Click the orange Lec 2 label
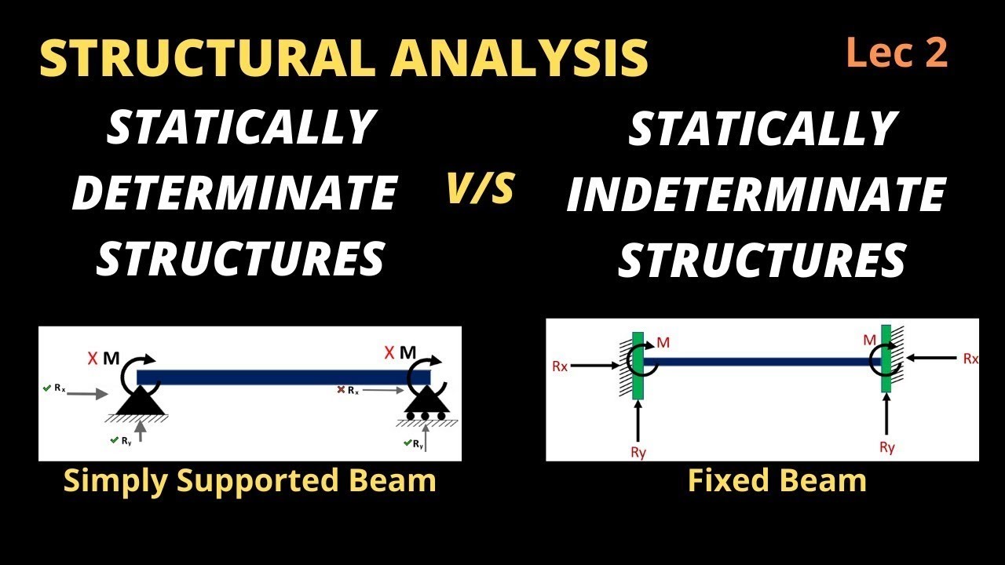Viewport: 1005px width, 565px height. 897,54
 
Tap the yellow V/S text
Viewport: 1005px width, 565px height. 480,191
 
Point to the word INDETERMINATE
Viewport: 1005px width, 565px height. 755,195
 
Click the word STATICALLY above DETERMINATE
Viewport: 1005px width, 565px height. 240,128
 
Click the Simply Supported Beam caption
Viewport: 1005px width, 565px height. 250,480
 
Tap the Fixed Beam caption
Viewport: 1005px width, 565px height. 777,480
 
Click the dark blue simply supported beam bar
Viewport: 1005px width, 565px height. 283,377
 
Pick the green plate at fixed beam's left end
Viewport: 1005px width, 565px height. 638,365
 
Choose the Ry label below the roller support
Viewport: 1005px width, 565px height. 418,444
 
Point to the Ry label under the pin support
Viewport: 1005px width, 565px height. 126,440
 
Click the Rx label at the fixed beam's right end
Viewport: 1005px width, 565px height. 970,359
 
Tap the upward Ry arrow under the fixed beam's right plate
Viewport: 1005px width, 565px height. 886,416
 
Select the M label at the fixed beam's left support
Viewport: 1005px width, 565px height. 663,342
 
